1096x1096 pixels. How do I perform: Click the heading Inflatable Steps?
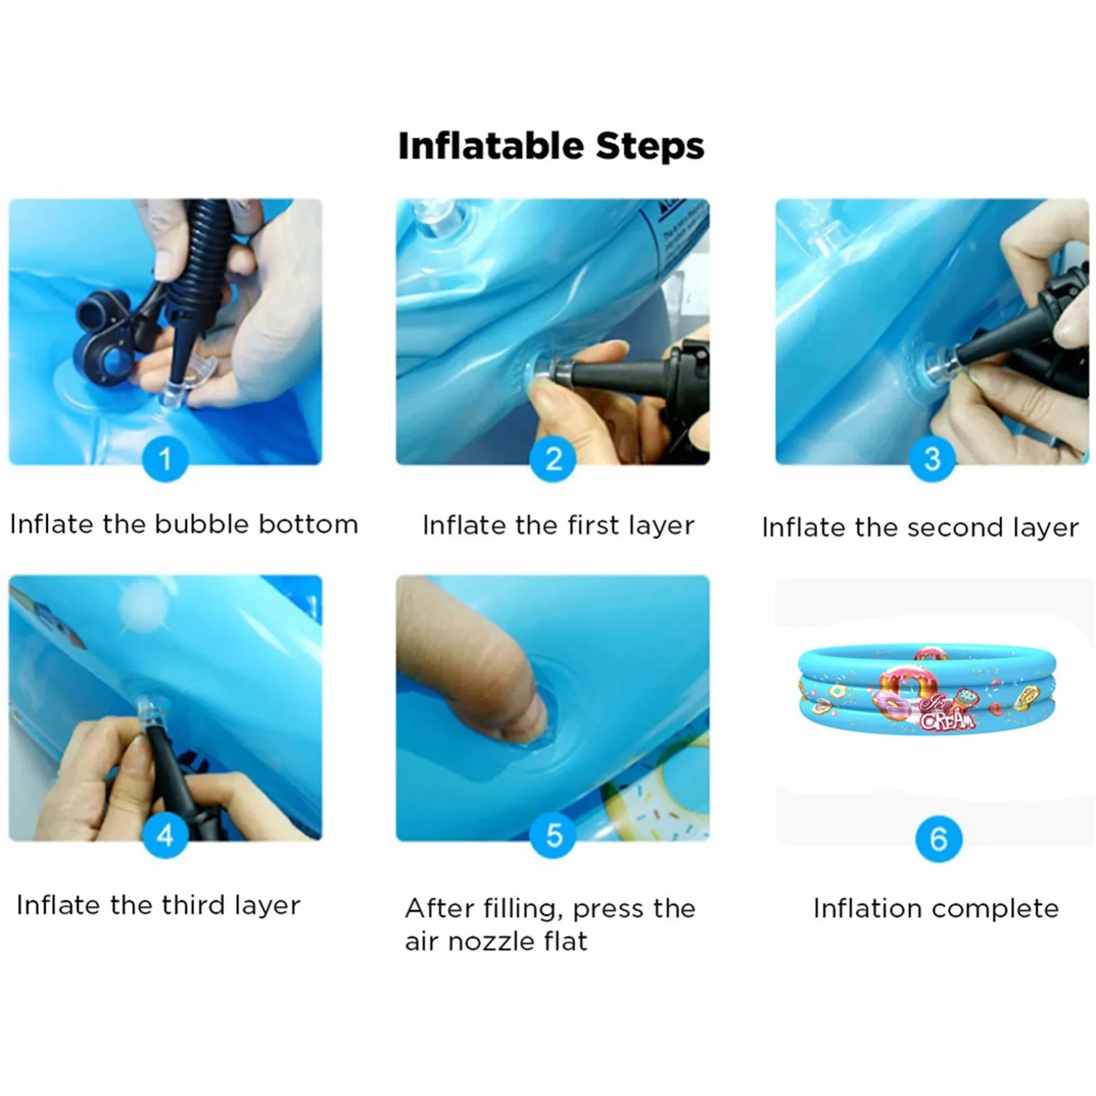click(x=551, y=146)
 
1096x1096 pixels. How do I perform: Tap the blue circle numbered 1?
click(x=165, y=459)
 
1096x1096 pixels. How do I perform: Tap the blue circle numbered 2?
click(x=553, y=459)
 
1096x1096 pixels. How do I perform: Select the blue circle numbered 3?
click(x=932, y=459)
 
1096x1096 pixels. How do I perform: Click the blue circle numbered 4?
click(x=165, y=835)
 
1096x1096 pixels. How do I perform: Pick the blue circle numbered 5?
click(x=553, y=835)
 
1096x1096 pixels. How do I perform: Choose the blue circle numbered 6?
click(x=938, y=838)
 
